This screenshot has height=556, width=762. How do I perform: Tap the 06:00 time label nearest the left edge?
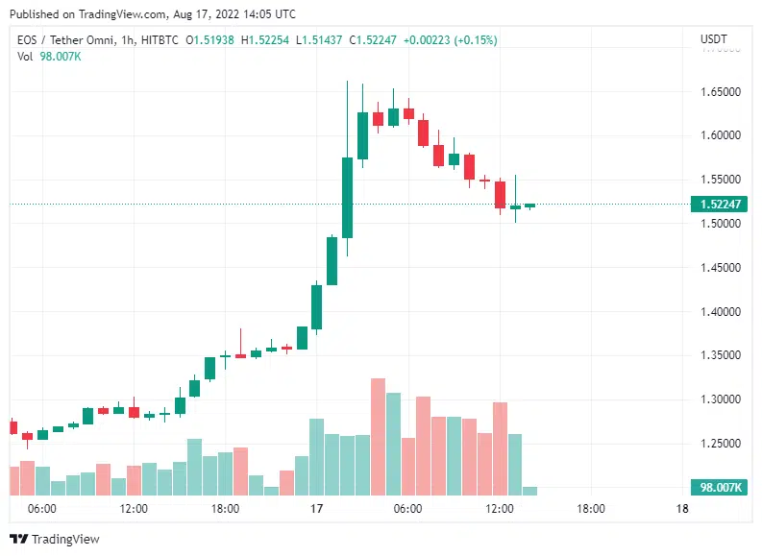pos(42,509)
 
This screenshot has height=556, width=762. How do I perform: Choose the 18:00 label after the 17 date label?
pos(590,509)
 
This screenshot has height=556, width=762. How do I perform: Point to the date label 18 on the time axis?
pos(682,509)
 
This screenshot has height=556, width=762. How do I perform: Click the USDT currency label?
pos(714,39)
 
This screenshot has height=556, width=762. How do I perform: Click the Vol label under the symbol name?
pos(25,57)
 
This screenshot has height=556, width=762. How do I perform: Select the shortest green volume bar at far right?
pos(529,491)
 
